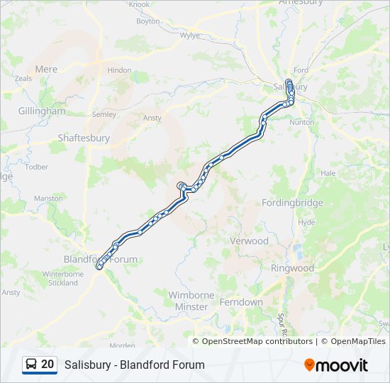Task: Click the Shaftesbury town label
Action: (84, 138)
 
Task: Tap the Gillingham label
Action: (43, 111)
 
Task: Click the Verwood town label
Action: (249, 241)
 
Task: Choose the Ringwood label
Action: (292, 268)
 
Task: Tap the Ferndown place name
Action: (241, 302)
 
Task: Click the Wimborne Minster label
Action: (188, 301)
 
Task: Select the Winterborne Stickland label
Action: (63, 278)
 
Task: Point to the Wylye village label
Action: (190, 35)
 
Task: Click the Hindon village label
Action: (119, 70)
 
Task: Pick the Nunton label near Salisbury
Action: (301, 122)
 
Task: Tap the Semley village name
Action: (104, 114)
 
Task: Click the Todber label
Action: (36, 167)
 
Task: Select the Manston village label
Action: (48, 199)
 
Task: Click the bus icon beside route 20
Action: (31, 365)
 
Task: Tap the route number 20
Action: (48, 365)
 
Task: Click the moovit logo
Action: (336, 365)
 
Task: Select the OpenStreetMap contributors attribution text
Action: (257, 341)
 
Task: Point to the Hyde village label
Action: (307, 222)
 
